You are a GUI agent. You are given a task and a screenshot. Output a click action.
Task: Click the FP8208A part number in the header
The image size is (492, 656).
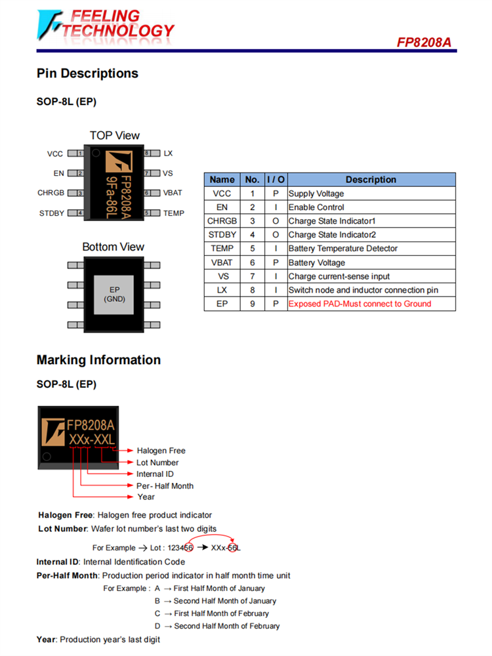click(x=424, y=42)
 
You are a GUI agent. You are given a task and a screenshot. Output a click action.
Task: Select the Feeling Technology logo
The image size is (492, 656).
click(x=106, y=24)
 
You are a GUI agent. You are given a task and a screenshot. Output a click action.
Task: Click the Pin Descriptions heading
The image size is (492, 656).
click(x=87, y=73)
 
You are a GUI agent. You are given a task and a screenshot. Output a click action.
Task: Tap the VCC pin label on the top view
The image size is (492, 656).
click(x=55, y=154)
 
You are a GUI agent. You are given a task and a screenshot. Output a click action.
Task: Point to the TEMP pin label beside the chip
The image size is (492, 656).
click(x=174, y=213)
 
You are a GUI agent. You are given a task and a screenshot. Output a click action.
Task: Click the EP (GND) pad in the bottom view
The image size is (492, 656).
click(x=114, y=295)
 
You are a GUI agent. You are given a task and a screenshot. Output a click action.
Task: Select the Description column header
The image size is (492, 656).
click(x=371, y=180)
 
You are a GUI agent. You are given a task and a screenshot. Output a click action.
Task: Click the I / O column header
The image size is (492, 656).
click(x=276, y=180)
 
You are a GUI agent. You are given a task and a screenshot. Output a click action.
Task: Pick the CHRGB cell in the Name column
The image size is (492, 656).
click(x=222, y=221)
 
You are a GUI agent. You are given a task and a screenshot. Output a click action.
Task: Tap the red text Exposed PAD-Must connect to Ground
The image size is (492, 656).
click(x=359, y=304)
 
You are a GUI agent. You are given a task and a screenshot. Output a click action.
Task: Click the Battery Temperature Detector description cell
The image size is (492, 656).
click(x=343, y=249)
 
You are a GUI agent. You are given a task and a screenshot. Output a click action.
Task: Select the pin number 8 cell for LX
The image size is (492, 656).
click(x=252, y=290)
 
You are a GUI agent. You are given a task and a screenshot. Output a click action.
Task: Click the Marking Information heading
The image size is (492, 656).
click(x=98, y=360)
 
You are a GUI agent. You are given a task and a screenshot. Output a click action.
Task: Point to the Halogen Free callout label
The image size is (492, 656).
click(x=161, y=451)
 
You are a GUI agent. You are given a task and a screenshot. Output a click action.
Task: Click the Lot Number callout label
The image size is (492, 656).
click(x=157, y=462)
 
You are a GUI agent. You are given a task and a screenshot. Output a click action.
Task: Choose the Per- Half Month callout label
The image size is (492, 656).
click(x=165, y=486)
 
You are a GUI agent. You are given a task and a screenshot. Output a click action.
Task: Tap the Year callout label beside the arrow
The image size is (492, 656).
click(x=146, y=497)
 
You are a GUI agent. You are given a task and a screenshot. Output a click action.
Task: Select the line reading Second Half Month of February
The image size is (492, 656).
click(x=226, y=626)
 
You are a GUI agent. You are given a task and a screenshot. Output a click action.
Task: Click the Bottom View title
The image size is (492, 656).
click(x=113, y=247)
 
